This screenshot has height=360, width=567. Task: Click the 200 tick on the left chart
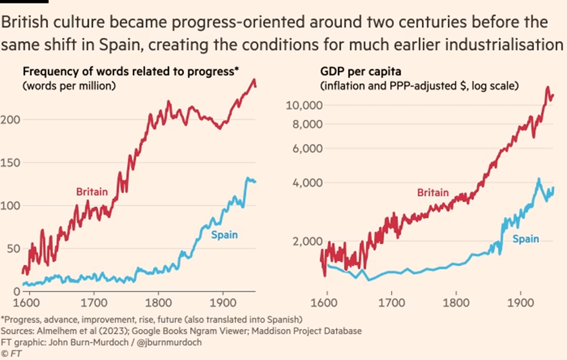point(12,119)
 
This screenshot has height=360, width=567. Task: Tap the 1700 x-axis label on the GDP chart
point(392,301)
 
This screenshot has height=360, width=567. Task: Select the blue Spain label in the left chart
point(224,235)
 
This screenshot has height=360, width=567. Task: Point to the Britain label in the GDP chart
point(433,193)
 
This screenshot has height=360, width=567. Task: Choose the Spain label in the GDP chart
point(526,239)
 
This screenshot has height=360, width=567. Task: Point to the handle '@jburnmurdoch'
point(162,342)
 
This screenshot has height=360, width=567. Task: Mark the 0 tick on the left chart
point(12,292)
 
